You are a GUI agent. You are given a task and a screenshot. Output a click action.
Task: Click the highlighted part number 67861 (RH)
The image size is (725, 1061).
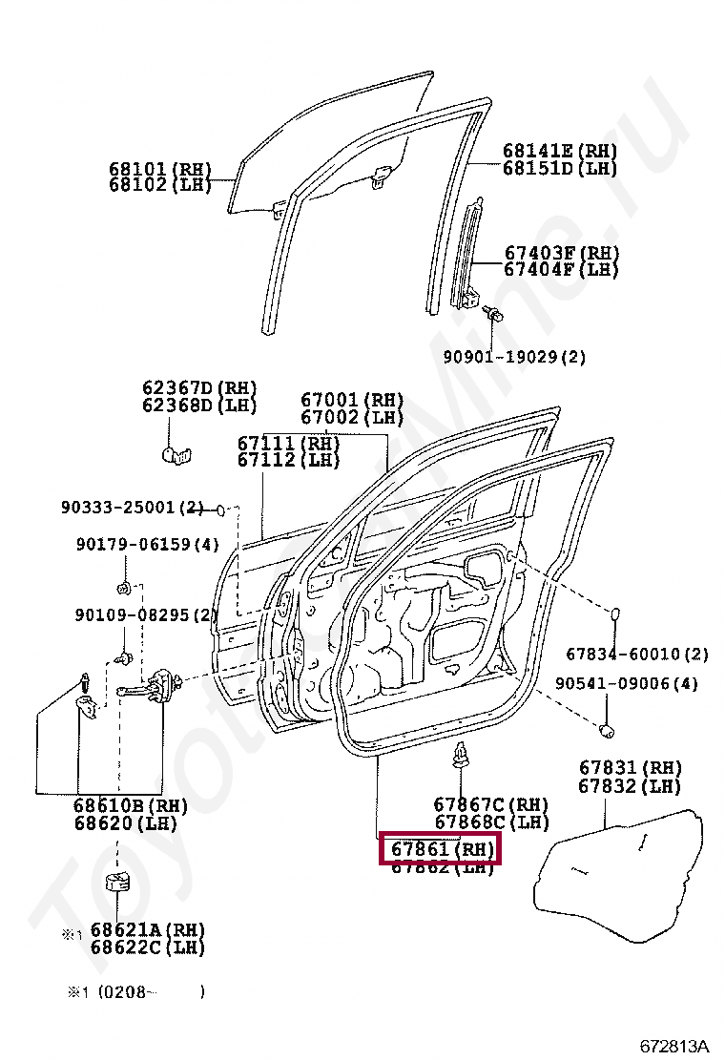tap(439, 849)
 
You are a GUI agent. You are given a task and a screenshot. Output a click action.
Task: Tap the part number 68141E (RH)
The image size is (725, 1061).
tap(560, 152)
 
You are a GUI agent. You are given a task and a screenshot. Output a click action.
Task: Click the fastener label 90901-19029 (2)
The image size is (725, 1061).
tap(514, 357)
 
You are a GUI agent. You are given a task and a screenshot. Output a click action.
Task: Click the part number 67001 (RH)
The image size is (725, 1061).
tap(352, 401)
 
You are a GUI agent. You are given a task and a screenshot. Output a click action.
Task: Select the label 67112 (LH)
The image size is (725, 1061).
tap(288, 460)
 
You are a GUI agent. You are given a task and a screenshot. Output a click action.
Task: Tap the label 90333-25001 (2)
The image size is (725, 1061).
tap(133, 508)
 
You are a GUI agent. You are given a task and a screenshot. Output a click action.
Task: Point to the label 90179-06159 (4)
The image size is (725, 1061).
tap(148, 545)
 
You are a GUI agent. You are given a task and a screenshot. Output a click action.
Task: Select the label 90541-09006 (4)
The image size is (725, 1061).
tap(627, 684)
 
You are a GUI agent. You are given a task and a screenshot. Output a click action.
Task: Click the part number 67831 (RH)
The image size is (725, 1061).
tap(630, 769)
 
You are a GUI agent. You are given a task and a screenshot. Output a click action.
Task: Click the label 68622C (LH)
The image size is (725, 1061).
tap(148, 947)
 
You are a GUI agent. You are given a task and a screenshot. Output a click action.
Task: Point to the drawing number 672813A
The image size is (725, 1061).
tap(674, 1045)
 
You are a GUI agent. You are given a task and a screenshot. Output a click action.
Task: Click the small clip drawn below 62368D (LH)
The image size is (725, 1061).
tap(175, 451)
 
